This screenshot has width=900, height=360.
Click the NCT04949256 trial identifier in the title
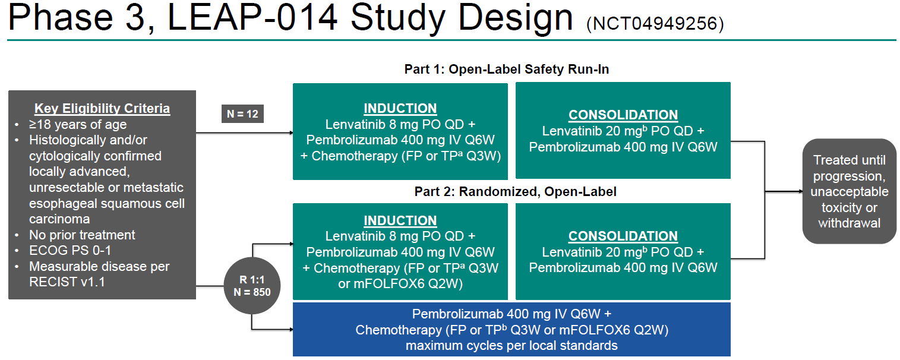655,24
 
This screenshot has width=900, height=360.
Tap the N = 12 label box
242,113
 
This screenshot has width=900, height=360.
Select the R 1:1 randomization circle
252,286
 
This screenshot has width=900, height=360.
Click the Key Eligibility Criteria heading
102,109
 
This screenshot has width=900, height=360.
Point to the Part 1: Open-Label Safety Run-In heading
506,69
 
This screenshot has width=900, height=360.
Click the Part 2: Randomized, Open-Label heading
515,191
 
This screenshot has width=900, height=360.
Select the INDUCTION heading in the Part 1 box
400,108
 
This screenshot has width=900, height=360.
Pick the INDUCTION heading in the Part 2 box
400,220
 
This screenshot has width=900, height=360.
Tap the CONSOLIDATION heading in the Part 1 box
623,115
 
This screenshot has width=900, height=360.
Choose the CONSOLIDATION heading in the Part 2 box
623,236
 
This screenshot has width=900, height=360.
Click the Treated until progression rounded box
849,191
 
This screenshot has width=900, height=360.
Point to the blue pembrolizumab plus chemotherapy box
511,330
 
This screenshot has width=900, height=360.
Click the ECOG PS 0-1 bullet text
70,250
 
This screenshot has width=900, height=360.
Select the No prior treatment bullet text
82,235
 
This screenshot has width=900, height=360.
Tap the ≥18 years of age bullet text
78,125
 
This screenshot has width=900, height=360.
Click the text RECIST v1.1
67,282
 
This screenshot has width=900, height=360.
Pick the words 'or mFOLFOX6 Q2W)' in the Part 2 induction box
400,283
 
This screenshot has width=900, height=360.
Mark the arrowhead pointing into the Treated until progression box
799,192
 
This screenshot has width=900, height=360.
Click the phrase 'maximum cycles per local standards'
511,346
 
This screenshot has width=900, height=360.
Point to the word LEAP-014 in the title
252,18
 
